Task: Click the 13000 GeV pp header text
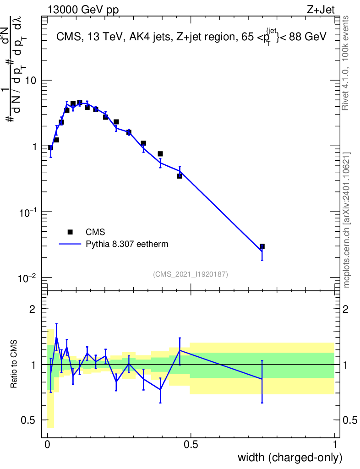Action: pyautogui.click(x=83, y=10)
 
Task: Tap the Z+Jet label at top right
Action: pyautogui.click(x=321, y=10)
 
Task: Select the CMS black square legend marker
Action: pyautogui.click(x=70, y=232)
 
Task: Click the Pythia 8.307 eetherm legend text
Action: pyautogui.click(x=127, y=244)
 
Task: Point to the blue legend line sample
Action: pyautogui.click(x=70, y=244)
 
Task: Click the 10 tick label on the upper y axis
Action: pyautogui.click(x=30, y=81)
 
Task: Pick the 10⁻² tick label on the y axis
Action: pyautogui.click(x=27, y=278)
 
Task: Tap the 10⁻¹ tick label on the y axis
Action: pyautogui.click(x=27, y=212)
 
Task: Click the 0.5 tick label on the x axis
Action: pyautogui.click(x=191, y=444)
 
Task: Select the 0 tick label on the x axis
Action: pyautogui.click(x=48, y=444)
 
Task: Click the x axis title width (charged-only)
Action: pyautogui.click(x=290, y=458)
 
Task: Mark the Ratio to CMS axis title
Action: pyautogui.click(x=14, y=364)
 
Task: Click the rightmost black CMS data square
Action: pyautogui.click(x=262, y=246)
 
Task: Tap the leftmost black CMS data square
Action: pyautogui.click(x=50, y=147)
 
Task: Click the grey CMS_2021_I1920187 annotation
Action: pyautogui.click(x=191, y=274)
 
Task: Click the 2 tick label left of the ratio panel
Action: pyautogui.click(x=33, y=309)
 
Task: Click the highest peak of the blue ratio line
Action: pyautogui.click(x=56, y=338)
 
